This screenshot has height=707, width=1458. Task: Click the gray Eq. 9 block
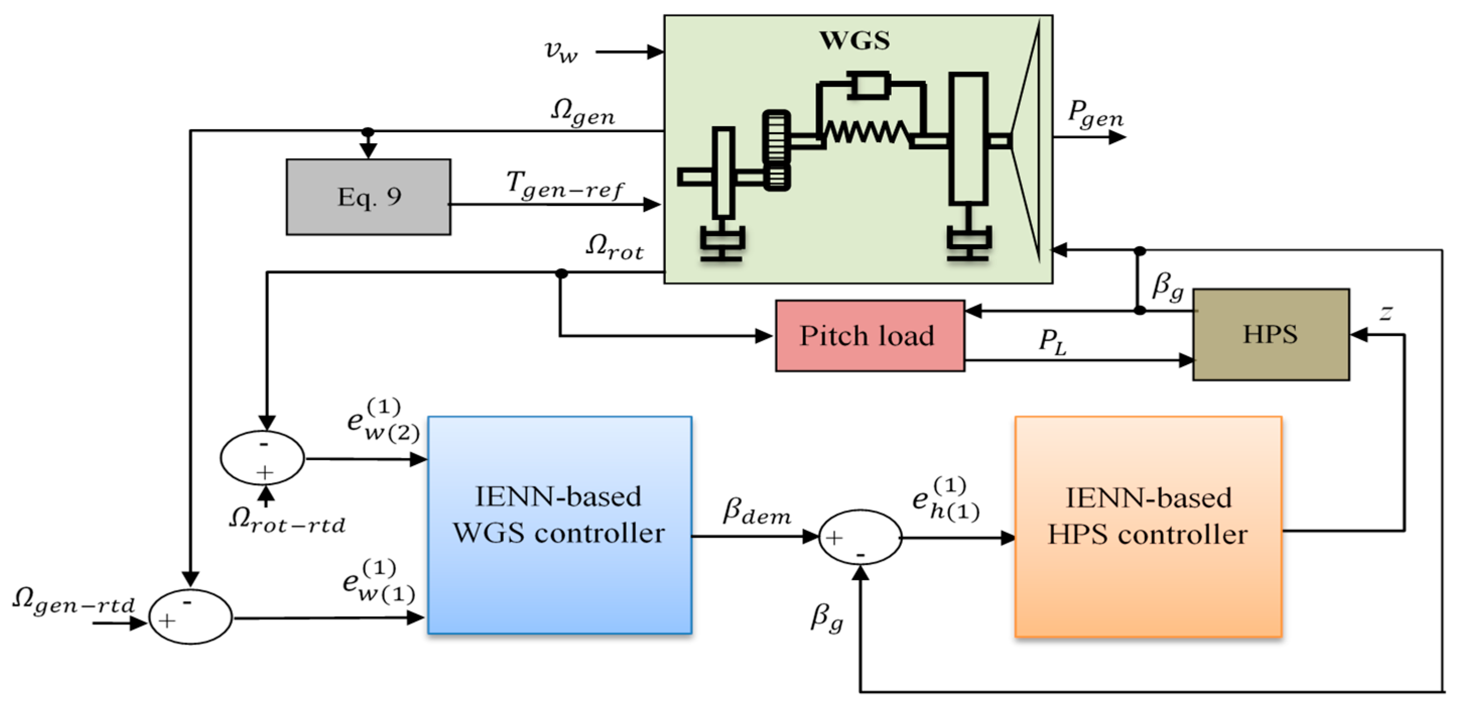pyautogui.click(x=368, y=197)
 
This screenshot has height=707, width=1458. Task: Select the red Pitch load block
pyautogui.click(x=870, y=335)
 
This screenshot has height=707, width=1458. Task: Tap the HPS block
pyautogui.click(x=1271, y=334)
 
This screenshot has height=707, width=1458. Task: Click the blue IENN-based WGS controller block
pyautogui.click(x=560, y=524)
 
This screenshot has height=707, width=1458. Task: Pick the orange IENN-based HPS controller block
pyautogui.click(x=1148, y=527)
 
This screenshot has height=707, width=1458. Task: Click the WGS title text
pyautogui.click(x=854, y=40)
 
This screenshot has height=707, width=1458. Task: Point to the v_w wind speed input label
pyautogui.click(x=561, y=51)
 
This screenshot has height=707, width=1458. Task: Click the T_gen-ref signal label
pyautogui.click(x=565, y=185)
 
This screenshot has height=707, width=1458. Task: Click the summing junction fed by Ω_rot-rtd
pyautogui.click(x=262, y=458)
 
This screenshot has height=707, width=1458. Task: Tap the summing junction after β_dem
pyautogui.click(x=860, y=537)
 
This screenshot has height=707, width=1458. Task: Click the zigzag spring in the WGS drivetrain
pyautogui.click(x=866, y=133)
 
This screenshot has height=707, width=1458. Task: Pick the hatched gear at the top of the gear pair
pyautogui.click(x=776, y=137)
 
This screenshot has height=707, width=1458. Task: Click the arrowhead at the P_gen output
pyautogui.click(x=1117, y=137)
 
